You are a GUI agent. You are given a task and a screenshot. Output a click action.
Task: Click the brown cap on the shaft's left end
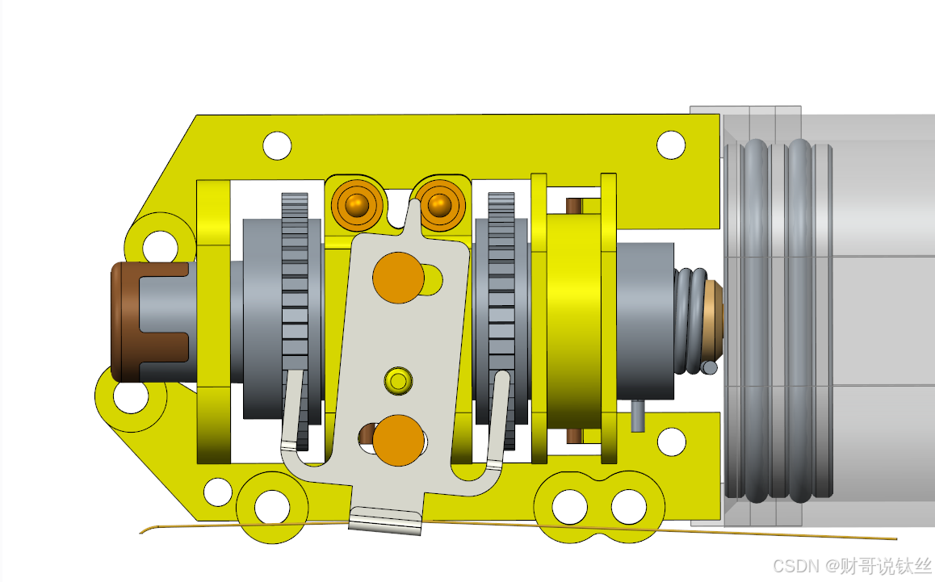(x=124, y=322)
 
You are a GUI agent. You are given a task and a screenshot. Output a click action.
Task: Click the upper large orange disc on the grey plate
(x=398, y=278)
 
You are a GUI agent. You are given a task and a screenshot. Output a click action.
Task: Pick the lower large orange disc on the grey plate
(x=398, y=441)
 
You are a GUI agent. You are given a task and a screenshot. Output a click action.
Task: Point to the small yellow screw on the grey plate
(x=398, y=380)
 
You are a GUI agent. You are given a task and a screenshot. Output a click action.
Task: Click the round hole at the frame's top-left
(x=277, y=145)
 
